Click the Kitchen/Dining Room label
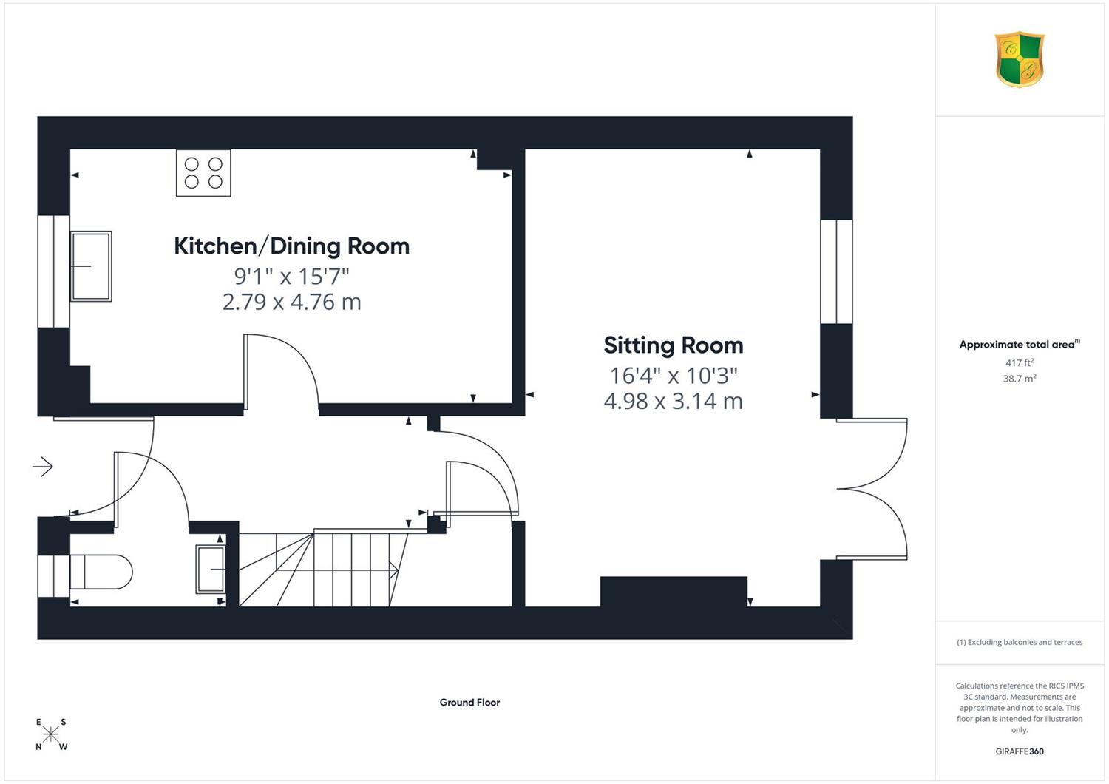tap(291, 246)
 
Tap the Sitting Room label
tap(674, 345)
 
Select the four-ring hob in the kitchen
tap(203, 173)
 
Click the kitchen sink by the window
tap(91, 266)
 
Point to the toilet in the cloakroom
tap(101, 572)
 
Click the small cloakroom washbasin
tap(211, 570)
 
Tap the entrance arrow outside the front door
tap(43, 466)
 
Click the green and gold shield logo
tap(1020, 59)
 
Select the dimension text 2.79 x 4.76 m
tap(291, 302)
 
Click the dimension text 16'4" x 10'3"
tap(674, 376)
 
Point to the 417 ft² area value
tap(1020, 362)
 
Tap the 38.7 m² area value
tap(1020, 379)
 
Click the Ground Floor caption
tap(469, 703)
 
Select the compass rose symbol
tap(51, 734)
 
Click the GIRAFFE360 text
tap(1020, 751)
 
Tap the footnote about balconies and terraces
tap(1020, 642)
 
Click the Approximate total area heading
tap(1020, 344)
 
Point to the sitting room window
tap(837, 272)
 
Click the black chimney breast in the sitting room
tap(674, 592)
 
